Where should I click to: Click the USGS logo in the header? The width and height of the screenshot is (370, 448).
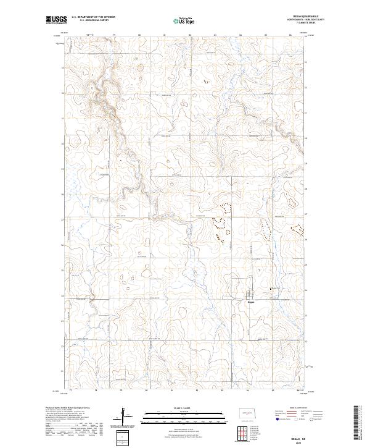point(56,20)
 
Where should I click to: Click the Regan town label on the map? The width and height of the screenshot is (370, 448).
point(251,302)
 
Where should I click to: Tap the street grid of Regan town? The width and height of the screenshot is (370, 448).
point(250,294)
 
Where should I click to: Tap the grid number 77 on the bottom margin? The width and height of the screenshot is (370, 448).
point(70,391)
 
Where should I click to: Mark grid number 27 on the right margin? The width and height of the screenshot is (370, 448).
point(306,220)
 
